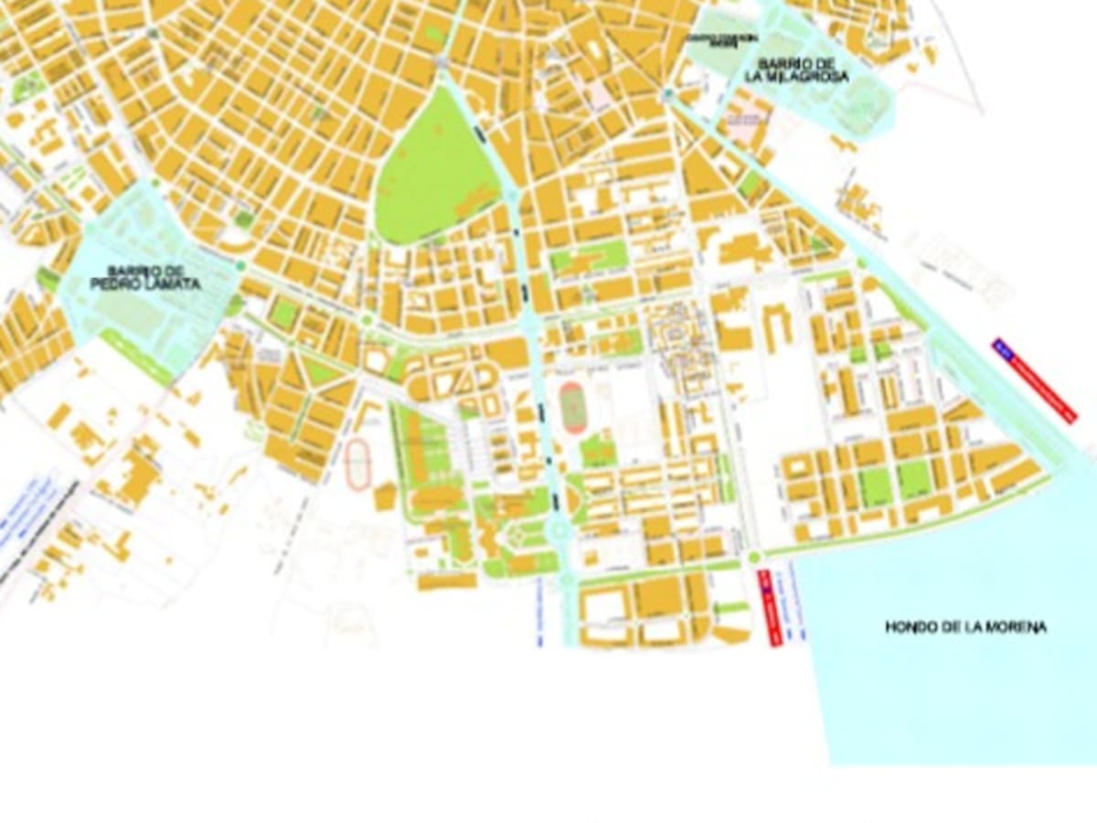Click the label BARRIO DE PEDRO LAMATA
click(x=145, y=278)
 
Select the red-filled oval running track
click(x=572, y=408)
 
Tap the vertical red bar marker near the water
click(x=770, y=608)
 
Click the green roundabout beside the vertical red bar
click(x=754, y=557)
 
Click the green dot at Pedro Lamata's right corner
click(x=240, y=266)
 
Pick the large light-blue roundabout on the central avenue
click(x=558, y=529)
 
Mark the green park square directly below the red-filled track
click(x=598, y=451)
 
